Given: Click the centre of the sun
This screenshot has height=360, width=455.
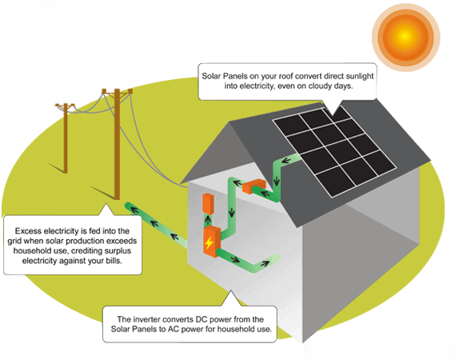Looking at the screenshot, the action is point(405,37).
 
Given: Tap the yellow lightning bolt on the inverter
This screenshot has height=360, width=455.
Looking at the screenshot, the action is point(209,242).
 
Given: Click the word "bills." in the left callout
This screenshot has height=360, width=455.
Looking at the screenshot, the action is point(114,261).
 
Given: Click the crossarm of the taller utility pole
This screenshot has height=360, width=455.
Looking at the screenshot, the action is point(118,91).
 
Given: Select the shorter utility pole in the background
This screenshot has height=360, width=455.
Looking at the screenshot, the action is point(66,138).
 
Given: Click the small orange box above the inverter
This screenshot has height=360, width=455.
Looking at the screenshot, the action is point(208,204).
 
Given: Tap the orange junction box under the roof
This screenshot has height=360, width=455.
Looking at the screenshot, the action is point(254,186).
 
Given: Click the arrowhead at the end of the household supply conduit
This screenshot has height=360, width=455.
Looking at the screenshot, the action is point(265,264).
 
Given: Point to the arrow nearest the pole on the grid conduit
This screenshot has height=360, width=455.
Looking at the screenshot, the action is point(134,210).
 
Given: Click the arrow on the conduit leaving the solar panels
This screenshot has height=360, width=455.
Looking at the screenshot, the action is point(286,160).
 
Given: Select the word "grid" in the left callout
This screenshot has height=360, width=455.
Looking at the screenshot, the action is point(14,242).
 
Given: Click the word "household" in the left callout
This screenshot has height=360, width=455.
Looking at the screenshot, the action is point(33,251).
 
